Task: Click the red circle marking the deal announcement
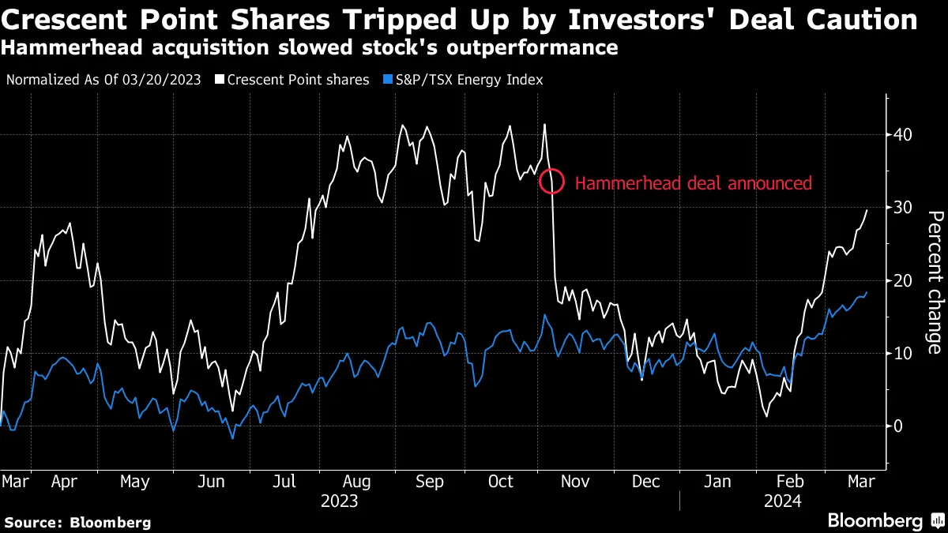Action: (551, 182)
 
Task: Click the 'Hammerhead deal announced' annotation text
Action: (693, 183)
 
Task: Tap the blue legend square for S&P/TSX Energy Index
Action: (387, 80)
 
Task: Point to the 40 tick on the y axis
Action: (904, 134)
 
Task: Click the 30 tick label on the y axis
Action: (904, 207)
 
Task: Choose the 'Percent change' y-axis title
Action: (934, 283)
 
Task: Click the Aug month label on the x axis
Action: (357, 482)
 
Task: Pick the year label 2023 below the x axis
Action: (340, 501)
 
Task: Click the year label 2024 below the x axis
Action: (783, 501)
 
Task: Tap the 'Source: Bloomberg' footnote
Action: (77, 522)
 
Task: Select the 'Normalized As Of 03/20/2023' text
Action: (103, 80)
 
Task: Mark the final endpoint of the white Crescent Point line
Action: (867, 210)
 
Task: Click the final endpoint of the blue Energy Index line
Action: (867, 292)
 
